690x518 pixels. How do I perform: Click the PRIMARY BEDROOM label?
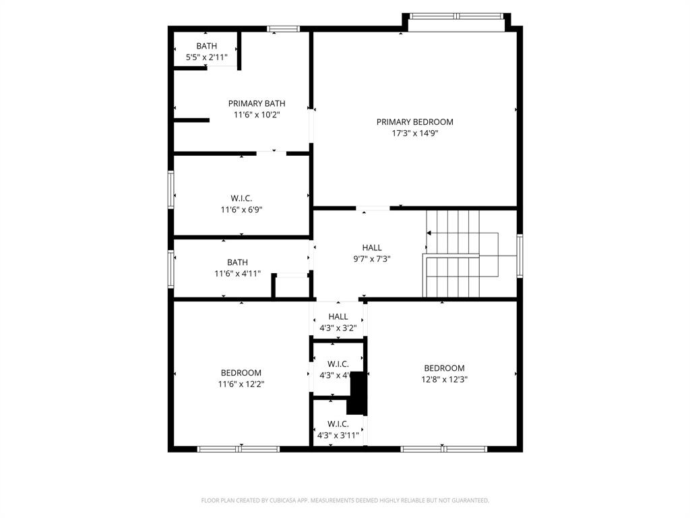414,122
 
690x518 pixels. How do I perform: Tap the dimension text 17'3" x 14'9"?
414,134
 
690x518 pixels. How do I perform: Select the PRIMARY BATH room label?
256,103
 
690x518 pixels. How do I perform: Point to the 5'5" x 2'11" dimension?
206,57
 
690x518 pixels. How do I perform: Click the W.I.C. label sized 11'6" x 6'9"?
241,198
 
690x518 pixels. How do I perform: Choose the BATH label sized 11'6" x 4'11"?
237,262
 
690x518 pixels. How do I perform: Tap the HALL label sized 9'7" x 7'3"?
371,248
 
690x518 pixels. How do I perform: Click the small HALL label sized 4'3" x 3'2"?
338,317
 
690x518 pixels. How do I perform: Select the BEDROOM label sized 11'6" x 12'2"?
241,373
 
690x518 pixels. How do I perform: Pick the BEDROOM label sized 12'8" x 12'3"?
444,368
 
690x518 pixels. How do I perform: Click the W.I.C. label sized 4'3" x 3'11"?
338,424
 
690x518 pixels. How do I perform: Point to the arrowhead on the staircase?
429,233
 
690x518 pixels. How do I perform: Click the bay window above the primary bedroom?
456,16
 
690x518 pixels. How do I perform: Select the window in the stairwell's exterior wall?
520,256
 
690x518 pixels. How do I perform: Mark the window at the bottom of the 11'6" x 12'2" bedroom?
239,449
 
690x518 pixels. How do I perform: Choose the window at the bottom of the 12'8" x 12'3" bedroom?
443,449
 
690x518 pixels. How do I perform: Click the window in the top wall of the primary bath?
283,28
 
